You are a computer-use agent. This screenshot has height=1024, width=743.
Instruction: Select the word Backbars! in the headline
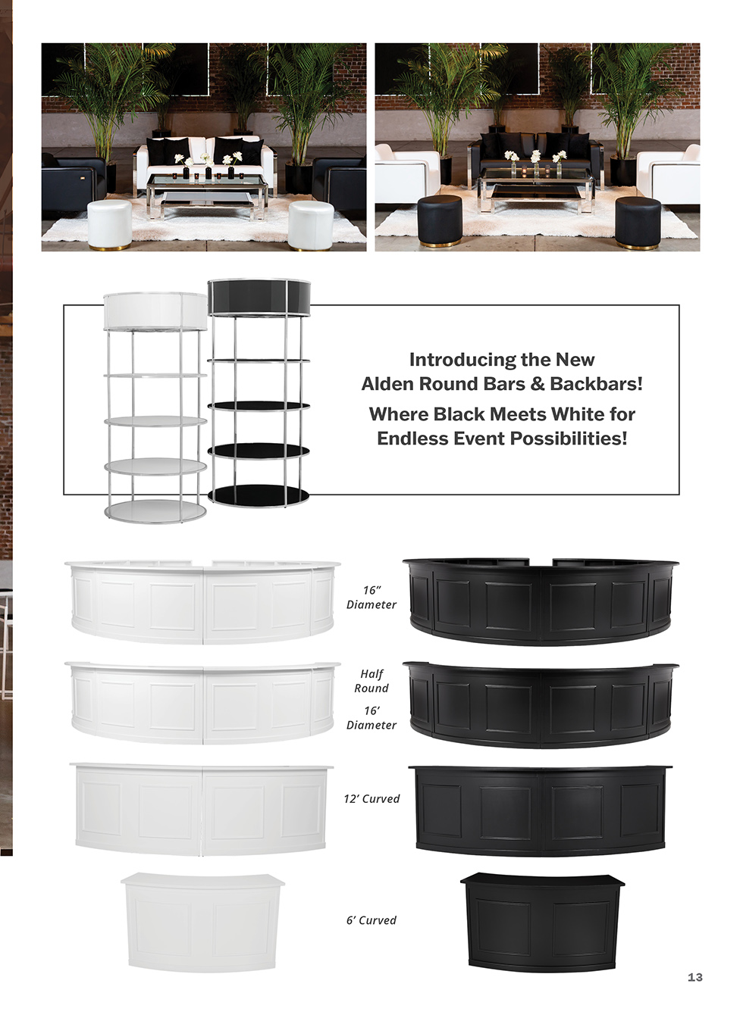click(x=596, y=384)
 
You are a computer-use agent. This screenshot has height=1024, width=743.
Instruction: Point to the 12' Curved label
click(x=371, y=798)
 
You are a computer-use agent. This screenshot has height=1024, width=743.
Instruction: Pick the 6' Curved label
click(x=371, y=920)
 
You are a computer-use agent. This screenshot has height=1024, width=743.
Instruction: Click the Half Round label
click(x=371, y=681)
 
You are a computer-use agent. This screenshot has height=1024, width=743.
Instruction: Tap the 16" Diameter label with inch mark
click(x=371, y=597)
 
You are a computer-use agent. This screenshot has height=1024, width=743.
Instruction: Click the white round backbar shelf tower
click(x=155, y=407)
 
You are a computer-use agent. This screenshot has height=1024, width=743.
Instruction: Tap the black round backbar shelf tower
click(x=259, y=393)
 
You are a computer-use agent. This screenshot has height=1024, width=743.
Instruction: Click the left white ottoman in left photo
click(x=110, y=225)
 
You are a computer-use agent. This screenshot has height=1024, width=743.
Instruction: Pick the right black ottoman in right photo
click(x=638, y=223)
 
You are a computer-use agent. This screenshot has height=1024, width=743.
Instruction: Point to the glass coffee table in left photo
click(x=207, y=195)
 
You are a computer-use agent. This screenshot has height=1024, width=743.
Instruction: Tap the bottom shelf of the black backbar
click(x=259, y=494)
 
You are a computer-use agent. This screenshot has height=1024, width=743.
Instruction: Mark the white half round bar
click(x=202, y=703)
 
